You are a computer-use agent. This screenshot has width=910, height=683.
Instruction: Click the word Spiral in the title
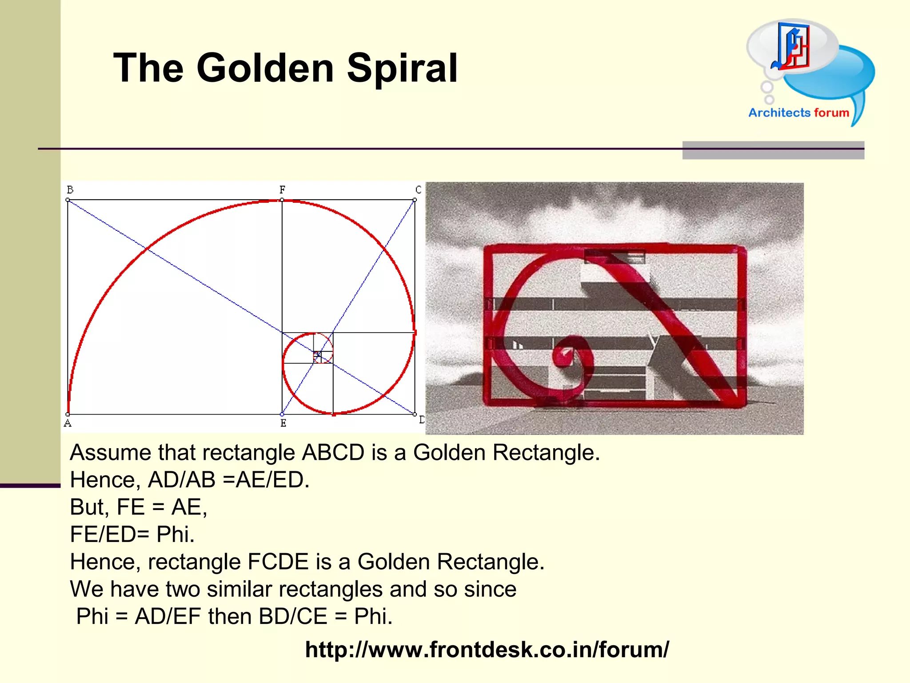pos(402,68)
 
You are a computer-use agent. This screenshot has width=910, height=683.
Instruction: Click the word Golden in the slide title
pos(265,68)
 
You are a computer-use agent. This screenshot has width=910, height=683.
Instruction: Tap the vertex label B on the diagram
pos(70,190)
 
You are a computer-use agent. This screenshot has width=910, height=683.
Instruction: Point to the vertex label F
pos(282,190)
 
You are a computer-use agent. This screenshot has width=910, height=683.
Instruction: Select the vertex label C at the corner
pos(418,190)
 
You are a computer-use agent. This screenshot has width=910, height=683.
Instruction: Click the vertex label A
pos(68,423)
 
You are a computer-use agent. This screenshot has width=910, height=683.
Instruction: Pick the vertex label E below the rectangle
pos(283,423)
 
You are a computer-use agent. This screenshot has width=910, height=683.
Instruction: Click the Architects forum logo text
pos(798,113)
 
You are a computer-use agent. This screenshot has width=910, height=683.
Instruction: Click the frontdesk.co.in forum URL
pos(487,650)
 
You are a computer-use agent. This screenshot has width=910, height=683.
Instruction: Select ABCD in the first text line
pos(333,453)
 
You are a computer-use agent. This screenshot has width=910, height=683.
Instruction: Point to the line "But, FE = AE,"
pos(139,507)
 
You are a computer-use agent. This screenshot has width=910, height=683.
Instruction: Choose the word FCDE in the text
pos(278,562)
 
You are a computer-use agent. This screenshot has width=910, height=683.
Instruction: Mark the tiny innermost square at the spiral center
pos(317,355)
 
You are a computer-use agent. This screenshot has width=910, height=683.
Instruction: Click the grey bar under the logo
pos(773,150)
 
